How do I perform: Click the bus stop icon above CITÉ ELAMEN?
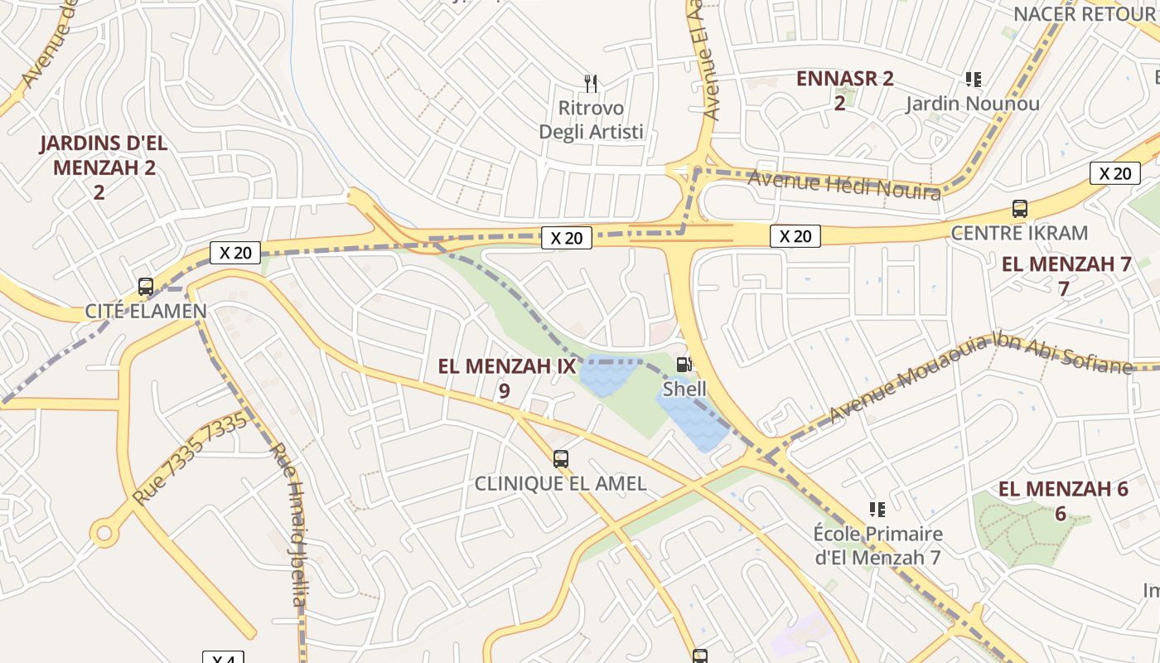[x=146, y=287]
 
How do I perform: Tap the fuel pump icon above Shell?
[x=684, y=364]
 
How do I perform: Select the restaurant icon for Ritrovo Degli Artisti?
[x=591, y=83]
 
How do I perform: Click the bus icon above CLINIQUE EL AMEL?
[x=561, y=458]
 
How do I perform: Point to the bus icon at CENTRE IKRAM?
[x=1020, y=209]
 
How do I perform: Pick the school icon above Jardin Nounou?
[x=973, y=80]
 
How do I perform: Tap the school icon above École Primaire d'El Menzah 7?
[x=877, y=509]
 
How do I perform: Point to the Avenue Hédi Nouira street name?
[x=844, y=184]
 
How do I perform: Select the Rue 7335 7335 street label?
[x=191, y=458]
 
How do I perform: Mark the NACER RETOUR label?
[x=1083, y=14]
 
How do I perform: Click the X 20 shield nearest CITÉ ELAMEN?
[x=235, y=252]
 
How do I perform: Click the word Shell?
[x=684, y=389]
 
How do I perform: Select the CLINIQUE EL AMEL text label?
[x=560, y=483]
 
